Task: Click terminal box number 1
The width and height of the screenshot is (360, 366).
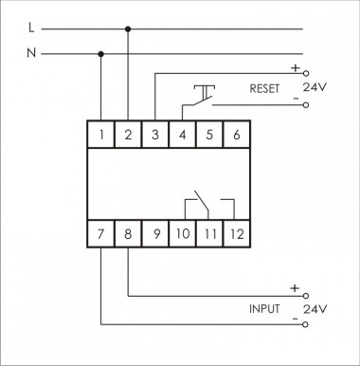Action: pyautogui.click(x=101, y=134)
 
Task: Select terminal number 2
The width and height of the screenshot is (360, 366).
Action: pyautogui.click(x=128, y=134)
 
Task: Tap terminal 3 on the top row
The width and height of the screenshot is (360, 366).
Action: pyautogui.click(x=155, y=134)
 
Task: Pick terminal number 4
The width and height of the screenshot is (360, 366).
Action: pyautogui.click(x=182, y=134)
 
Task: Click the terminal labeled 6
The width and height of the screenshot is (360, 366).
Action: pyautogui.click(x=237, y=134)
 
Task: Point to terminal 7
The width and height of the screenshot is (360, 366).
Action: pyautogui.click(x=101, y=233)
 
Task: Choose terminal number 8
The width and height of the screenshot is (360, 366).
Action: pyautogui.click(x=128, y=233)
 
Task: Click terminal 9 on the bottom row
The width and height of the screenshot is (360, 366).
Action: pyautogui.click(x=155, y=233)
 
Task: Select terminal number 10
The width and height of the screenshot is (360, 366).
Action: pyautogui.click(x=182, y=233)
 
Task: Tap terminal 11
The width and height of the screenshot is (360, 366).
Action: pyautogui.click(x=209, y=233)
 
